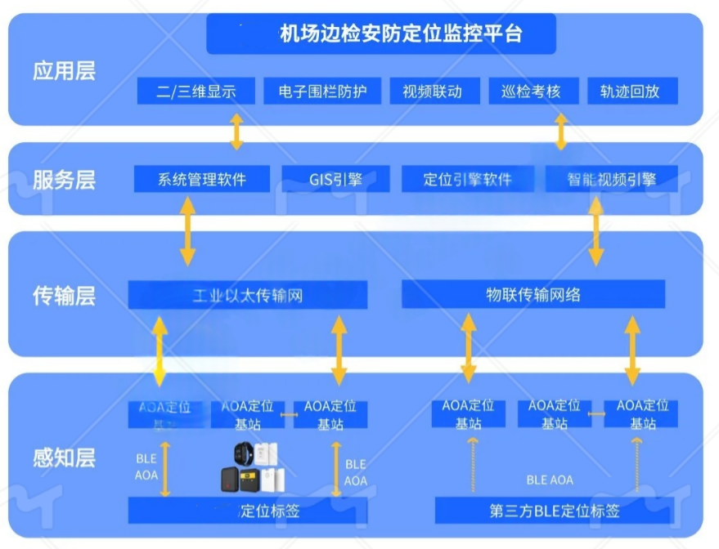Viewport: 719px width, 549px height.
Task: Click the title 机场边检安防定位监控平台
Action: pos(381,34)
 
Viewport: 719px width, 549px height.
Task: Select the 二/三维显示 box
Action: pos(196,91)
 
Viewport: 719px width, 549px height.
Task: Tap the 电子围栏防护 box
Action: pos(322,91)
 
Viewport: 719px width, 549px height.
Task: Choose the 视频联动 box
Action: pos(432,91)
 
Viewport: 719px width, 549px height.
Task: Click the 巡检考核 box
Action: pos(531,91)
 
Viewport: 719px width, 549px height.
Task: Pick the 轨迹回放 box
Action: pos(632,91)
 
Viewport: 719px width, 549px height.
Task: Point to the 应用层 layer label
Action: pos(64,71)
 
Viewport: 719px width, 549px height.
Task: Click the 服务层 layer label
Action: pos(64,180)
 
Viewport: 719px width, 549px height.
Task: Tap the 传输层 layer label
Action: pos(64,296)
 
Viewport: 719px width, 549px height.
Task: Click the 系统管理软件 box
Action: pos(201,179)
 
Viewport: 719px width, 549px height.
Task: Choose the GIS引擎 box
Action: pos(335,179)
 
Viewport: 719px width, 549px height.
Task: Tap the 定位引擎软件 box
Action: pos(467,179)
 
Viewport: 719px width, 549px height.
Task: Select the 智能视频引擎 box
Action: pos(612,179)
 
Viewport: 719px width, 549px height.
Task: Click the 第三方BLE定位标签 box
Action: pos(555,511)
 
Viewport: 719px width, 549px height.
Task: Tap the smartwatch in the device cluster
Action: pos(244,454)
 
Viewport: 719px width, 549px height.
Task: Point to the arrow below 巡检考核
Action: pos(561,132)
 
